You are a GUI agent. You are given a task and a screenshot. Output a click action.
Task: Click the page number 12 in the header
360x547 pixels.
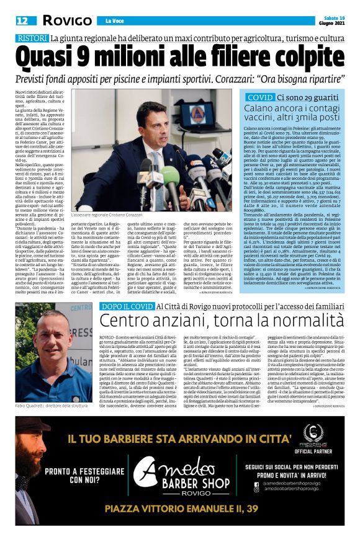click(22, 21)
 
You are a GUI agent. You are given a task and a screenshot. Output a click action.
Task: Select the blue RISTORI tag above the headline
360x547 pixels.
click(32, 39)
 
